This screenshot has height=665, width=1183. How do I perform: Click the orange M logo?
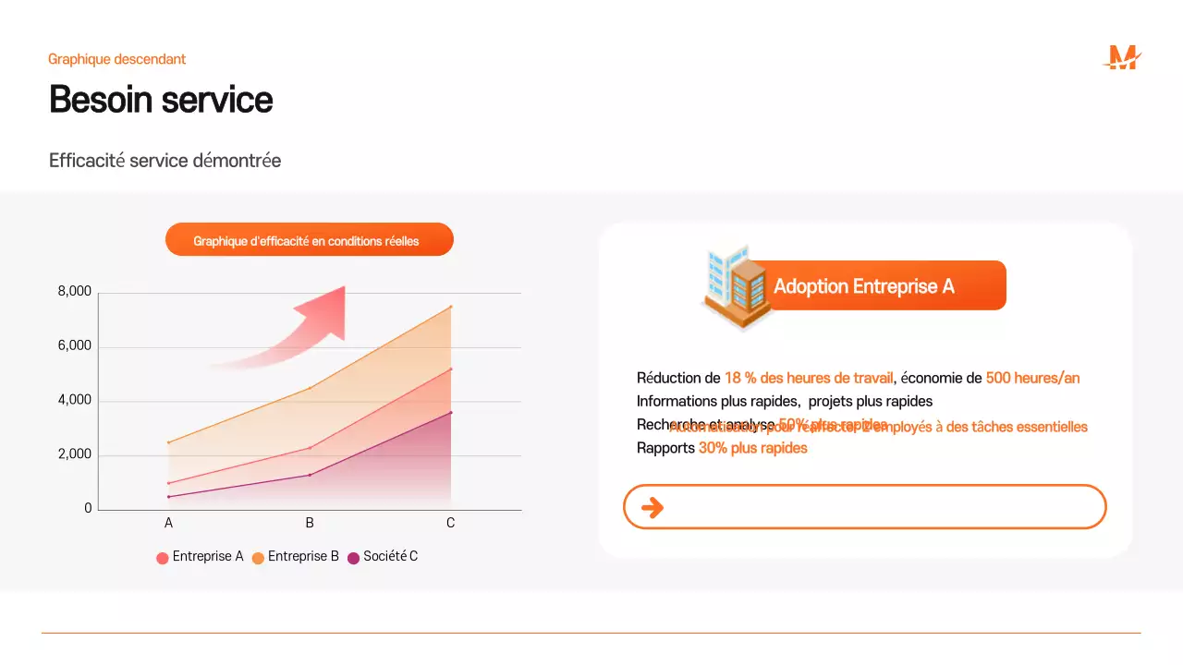coord(1122,58)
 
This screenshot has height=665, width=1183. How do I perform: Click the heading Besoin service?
coord(161,100)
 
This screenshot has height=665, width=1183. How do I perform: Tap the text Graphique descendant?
coord(117,59)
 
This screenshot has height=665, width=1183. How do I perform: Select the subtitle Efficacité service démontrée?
coord(165,161)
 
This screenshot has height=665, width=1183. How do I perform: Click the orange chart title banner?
coord(309,240)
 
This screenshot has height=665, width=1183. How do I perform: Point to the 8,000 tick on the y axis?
coord(75,292)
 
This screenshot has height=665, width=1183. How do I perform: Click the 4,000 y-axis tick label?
coord(75,401)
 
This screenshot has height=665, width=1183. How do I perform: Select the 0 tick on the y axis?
coord(88,509)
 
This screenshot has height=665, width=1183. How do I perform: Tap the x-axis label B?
coord(310,524)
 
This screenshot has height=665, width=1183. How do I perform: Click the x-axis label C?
coord(451,524)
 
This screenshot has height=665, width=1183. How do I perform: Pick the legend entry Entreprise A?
coord(201,557)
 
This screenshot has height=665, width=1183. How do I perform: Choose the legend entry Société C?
coord(383,557)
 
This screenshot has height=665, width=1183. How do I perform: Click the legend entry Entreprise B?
coord(296,557)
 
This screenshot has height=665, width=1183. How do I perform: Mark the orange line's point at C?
coord(451,307)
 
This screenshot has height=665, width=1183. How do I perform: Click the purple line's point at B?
coord(310,475)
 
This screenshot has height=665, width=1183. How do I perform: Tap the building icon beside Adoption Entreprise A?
coord(735,285)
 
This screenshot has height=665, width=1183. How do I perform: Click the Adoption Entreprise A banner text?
coord(863,286)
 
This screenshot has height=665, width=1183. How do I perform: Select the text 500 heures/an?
coord(1032,378)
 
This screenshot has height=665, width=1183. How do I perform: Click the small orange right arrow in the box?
coord(652,507)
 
